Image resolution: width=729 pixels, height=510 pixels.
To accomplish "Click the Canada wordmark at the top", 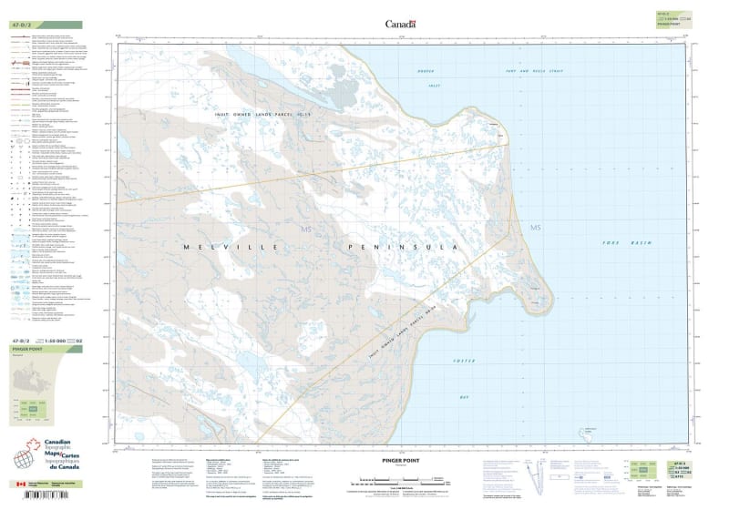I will (x=400, y=25).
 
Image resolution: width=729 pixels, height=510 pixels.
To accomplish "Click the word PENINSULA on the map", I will (x=401, y=247).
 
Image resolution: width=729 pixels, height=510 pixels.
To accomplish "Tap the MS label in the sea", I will (x=536, y=227).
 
